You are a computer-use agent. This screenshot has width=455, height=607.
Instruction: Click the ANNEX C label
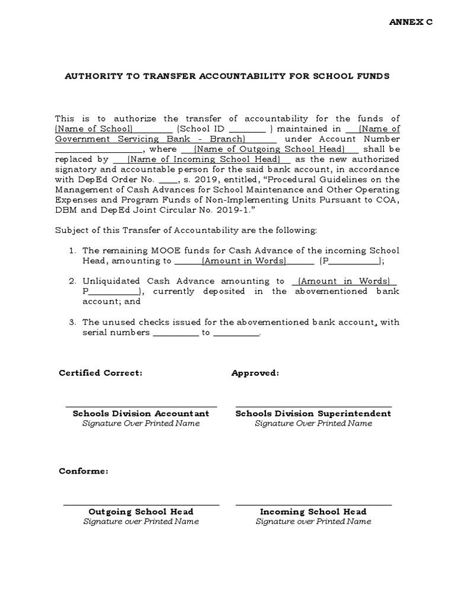[x=411, y=22]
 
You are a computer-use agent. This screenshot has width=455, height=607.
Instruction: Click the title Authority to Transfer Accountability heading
[x=227, y=76]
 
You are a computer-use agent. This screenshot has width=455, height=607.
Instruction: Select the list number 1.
[x=71, y=251]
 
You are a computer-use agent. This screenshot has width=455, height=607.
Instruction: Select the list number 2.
[x=71, y=281]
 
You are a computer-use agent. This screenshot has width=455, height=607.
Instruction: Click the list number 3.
[x=71, y=322]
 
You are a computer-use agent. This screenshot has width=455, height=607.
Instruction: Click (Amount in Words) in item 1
[x=244, y=261]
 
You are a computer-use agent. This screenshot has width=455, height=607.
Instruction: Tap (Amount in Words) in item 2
[x=344, y=281]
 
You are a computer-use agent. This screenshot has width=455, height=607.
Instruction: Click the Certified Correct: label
[x=100, y=373]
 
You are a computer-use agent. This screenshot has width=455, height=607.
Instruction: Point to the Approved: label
[x=255, y=373]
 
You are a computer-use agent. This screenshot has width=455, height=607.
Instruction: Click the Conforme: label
[x=83, y=471]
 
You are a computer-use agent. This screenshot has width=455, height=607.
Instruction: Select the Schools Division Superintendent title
[x=313, y=413]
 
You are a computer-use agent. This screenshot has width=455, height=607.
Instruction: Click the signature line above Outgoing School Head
[x=141, y=504]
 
